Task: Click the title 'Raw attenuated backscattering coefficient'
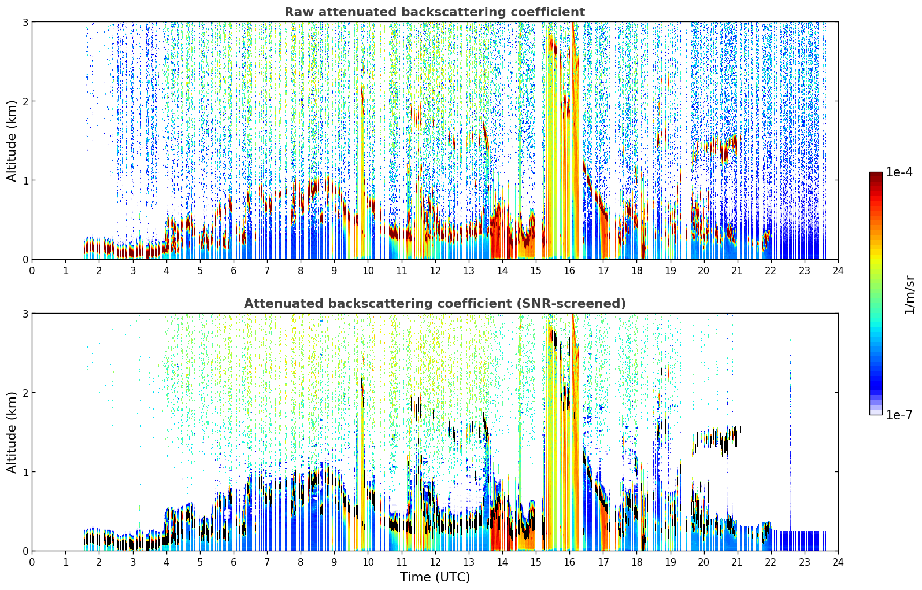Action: coord(435,12)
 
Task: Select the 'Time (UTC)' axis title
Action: coord(435,577)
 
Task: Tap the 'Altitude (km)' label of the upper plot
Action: coord(12,141)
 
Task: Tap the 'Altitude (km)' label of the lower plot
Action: coord(12,433)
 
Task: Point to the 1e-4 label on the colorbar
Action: coord(899,172)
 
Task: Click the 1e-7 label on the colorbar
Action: coord(899,415)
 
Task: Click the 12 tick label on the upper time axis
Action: coord(435,271)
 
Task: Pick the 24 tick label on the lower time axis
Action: coord(838,562)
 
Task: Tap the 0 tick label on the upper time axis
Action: coord(32,271)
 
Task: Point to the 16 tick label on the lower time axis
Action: coord(569,562)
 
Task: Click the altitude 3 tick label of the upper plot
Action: coord(25,22)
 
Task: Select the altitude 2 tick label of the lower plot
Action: coord(25,393)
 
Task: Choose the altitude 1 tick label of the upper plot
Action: coord(25,180)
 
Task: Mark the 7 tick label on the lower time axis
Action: coord(267,562)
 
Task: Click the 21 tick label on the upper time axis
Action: coord(737,271)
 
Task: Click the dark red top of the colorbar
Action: coord(876,175)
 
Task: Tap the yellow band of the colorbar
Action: coord(876,257)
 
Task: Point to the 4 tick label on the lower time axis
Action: coord(166,562)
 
